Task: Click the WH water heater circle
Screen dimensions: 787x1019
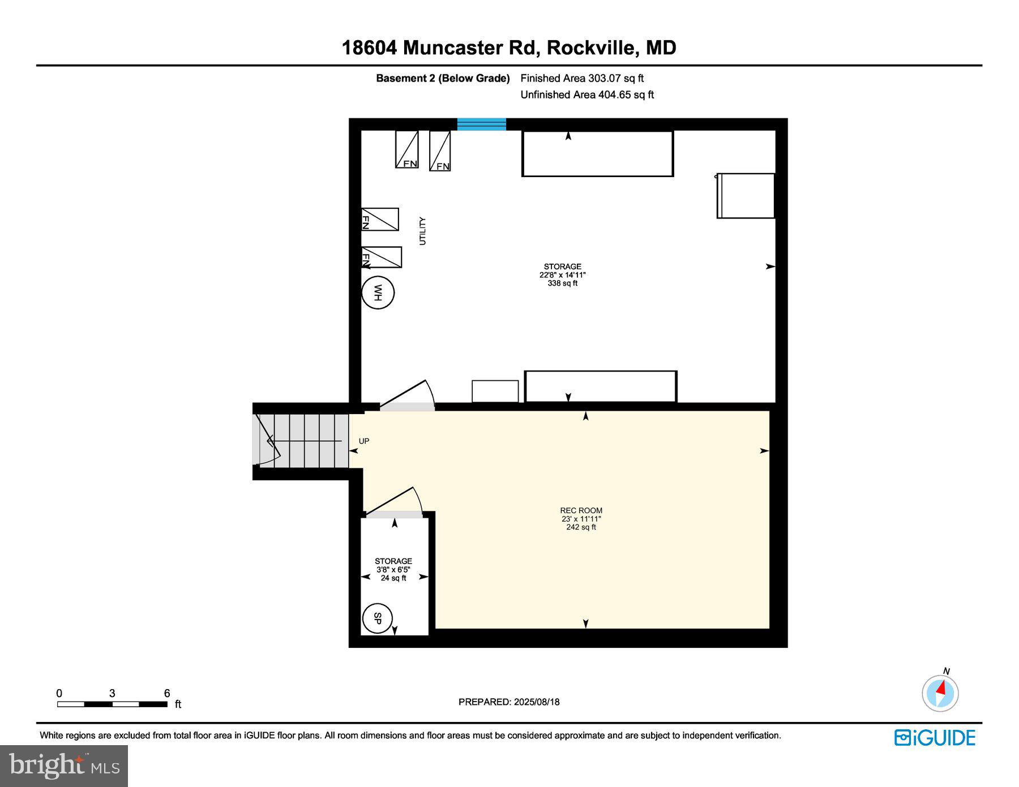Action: coord(378,293)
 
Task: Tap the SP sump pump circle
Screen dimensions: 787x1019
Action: coord(378,618)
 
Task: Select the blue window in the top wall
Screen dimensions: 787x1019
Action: coord(481,124)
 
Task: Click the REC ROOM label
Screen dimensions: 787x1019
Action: coord(581,510)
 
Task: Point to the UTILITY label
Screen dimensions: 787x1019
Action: coord(422,231)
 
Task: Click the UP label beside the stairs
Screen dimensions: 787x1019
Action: coord(364,441)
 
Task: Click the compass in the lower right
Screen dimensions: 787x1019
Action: coord(940,693)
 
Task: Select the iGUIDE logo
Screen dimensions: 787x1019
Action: coord(935,738)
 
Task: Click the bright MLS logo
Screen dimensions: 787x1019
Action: coord(64,766)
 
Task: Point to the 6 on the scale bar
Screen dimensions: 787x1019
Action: coord(167,693)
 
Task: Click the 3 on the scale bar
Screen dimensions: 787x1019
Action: coord(112,693)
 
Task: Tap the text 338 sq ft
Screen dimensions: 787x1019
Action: coord(562,283)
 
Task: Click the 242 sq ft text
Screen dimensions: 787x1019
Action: coord(581,527)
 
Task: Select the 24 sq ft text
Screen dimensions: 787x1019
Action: coord(393,578)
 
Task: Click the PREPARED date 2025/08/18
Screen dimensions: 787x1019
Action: coord(537,702)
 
